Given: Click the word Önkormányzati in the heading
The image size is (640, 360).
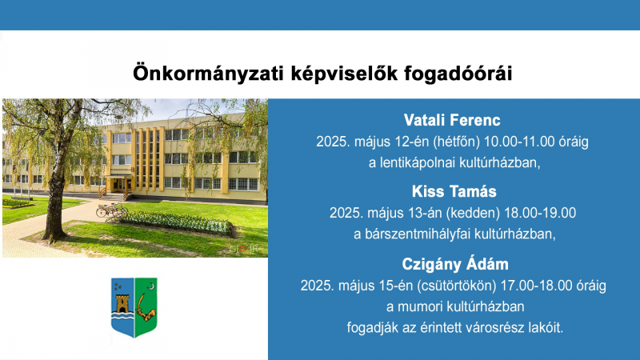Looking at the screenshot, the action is coord(208,74).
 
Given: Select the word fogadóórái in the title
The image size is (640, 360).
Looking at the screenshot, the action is coord(458,74).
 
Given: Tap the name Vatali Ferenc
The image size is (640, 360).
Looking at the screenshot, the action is coord(452,120).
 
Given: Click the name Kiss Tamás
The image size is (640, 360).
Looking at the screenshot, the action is coord(454,191).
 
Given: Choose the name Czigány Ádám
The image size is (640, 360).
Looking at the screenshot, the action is coord(455,264).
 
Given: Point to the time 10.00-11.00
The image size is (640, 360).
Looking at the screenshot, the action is coord(519,142).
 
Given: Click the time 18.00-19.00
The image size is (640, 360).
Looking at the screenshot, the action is coord(540,213).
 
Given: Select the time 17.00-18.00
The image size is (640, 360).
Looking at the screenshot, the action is coord(536,286).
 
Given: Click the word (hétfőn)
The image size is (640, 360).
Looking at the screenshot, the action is coord(456,142).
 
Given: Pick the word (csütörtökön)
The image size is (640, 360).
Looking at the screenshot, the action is coord(456,286).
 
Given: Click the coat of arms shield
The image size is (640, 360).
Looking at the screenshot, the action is coord(134,307).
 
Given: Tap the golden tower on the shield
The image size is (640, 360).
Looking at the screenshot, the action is coord(122,303).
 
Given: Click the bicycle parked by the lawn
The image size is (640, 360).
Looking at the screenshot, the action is coord(111,210).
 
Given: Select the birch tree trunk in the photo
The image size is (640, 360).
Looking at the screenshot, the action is coord(56,196).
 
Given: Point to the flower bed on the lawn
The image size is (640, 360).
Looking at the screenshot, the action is coord(176,222).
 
